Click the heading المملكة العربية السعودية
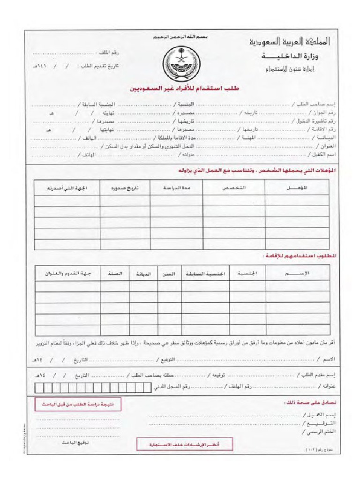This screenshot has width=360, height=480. pos(289,43)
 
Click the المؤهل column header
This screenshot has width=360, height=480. pos(297,188)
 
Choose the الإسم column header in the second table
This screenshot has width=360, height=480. pos(297,273)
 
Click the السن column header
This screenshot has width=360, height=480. pos(169,273)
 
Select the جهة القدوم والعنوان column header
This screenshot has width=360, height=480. pos(67,273)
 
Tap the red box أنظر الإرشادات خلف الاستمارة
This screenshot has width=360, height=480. pos(178,444)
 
